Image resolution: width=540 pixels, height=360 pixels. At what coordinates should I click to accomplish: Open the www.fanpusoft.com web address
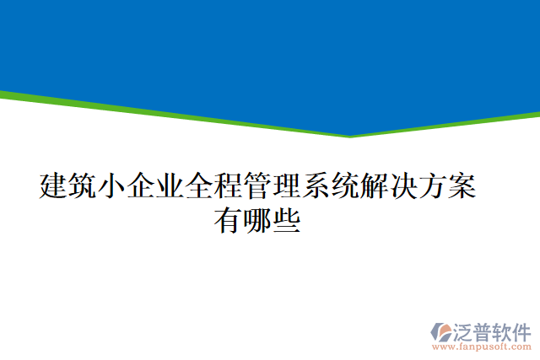click(x=482, y=347)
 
